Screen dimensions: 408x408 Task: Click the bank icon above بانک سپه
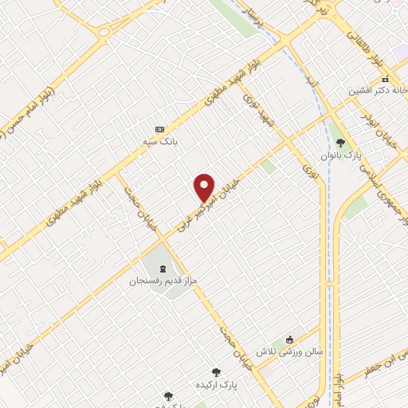click(x=160, y=129)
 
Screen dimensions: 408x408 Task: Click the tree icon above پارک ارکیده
click(x=215, y=371)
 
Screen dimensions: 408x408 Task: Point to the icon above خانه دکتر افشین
click(x=385, y=79)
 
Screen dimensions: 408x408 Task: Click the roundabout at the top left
click(x=104, y=31)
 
